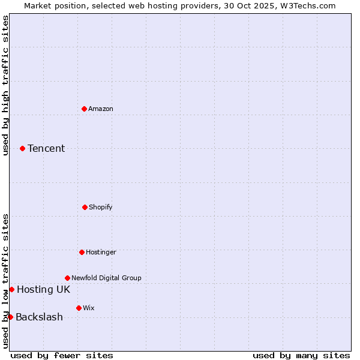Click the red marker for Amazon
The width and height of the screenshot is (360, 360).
(x=84, y=109)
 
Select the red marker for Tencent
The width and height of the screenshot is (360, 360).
(x=22, y=148)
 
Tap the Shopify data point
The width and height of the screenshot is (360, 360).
(x=85, y=207)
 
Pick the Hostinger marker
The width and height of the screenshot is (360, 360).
(x=82, y=252)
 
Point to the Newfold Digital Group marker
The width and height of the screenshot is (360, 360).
(x=67, y=278)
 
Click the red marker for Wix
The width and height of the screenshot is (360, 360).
(x=79, y=308)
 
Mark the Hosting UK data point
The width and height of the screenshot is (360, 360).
(x=11, y=289)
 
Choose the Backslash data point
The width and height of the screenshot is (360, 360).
(x=10, y=317)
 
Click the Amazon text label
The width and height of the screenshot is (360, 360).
(x=101, y=109)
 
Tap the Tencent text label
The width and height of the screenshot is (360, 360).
(x=46, y=148)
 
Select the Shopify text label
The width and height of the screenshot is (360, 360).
(x=101, y=207)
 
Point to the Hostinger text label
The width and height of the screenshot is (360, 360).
(x=101, y=252)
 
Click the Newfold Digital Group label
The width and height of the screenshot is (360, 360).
(x=106, y=278)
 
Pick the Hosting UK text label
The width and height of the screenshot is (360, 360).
(x=43, y=289)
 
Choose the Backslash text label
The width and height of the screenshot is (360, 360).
(x=39, y=317)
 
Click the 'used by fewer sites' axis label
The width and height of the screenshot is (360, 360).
(x=62, y=355)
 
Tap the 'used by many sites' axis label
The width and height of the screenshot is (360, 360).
(x=301, y=355)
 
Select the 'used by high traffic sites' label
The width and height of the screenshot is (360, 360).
(x=5, y=85)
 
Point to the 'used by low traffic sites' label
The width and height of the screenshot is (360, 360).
(x=5, y=281)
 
